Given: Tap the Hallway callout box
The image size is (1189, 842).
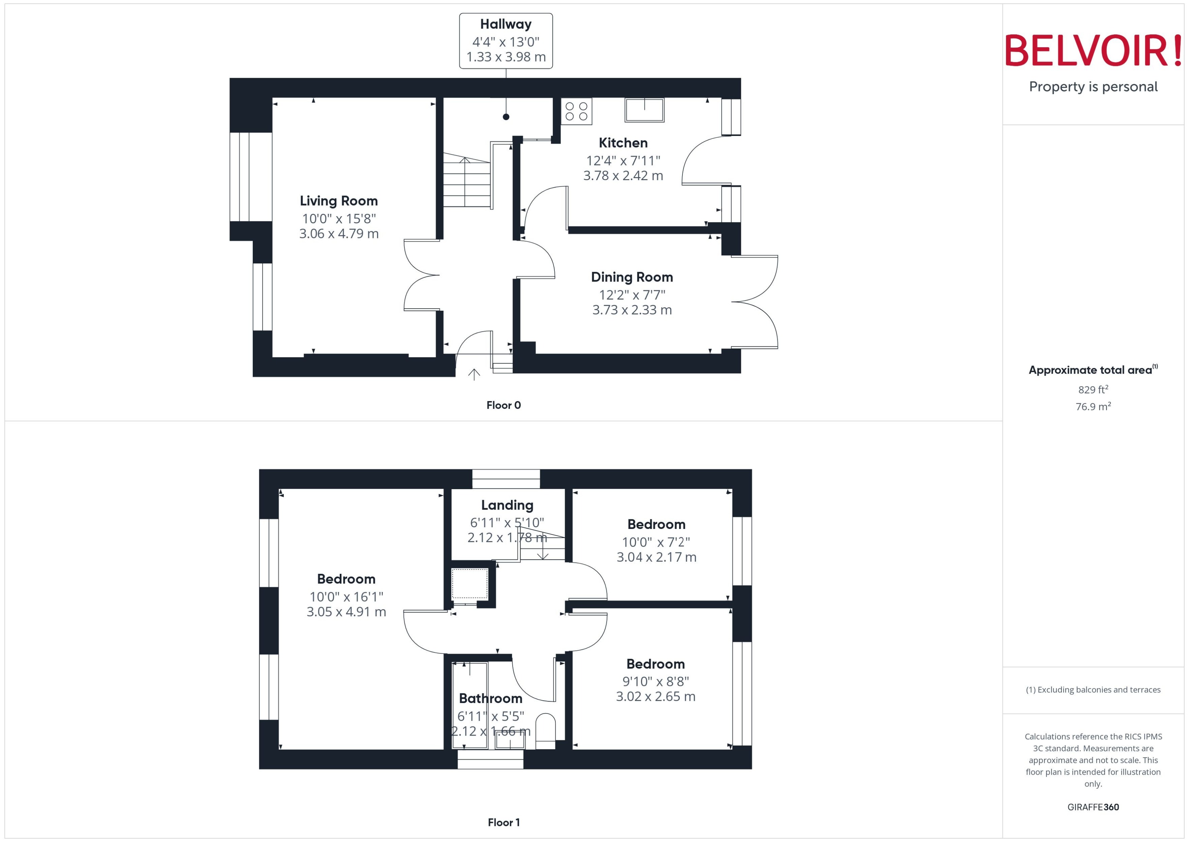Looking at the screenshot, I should click(x=505, y=41).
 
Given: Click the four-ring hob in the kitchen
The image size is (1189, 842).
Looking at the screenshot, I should click(x=576, y=111).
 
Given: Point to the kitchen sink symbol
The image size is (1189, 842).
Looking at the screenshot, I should click(x=644, y=110).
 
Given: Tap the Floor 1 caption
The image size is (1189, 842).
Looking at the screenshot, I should click(x=503, y=822).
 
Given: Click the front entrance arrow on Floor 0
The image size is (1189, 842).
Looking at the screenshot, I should click(x=474, y=374).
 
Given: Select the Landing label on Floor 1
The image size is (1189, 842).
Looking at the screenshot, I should click(x=507, y=505).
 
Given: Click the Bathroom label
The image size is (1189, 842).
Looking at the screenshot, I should click(x=490, y=699).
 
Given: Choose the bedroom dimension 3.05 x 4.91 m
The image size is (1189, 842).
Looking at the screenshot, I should click(x=346, y=612).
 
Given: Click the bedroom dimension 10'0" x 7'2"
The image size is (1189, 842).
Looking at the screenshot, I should click(x=656, y=542).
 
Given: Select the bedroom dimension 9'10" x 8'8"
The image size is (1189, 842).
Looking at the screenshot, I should click(x=655, y=682).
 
